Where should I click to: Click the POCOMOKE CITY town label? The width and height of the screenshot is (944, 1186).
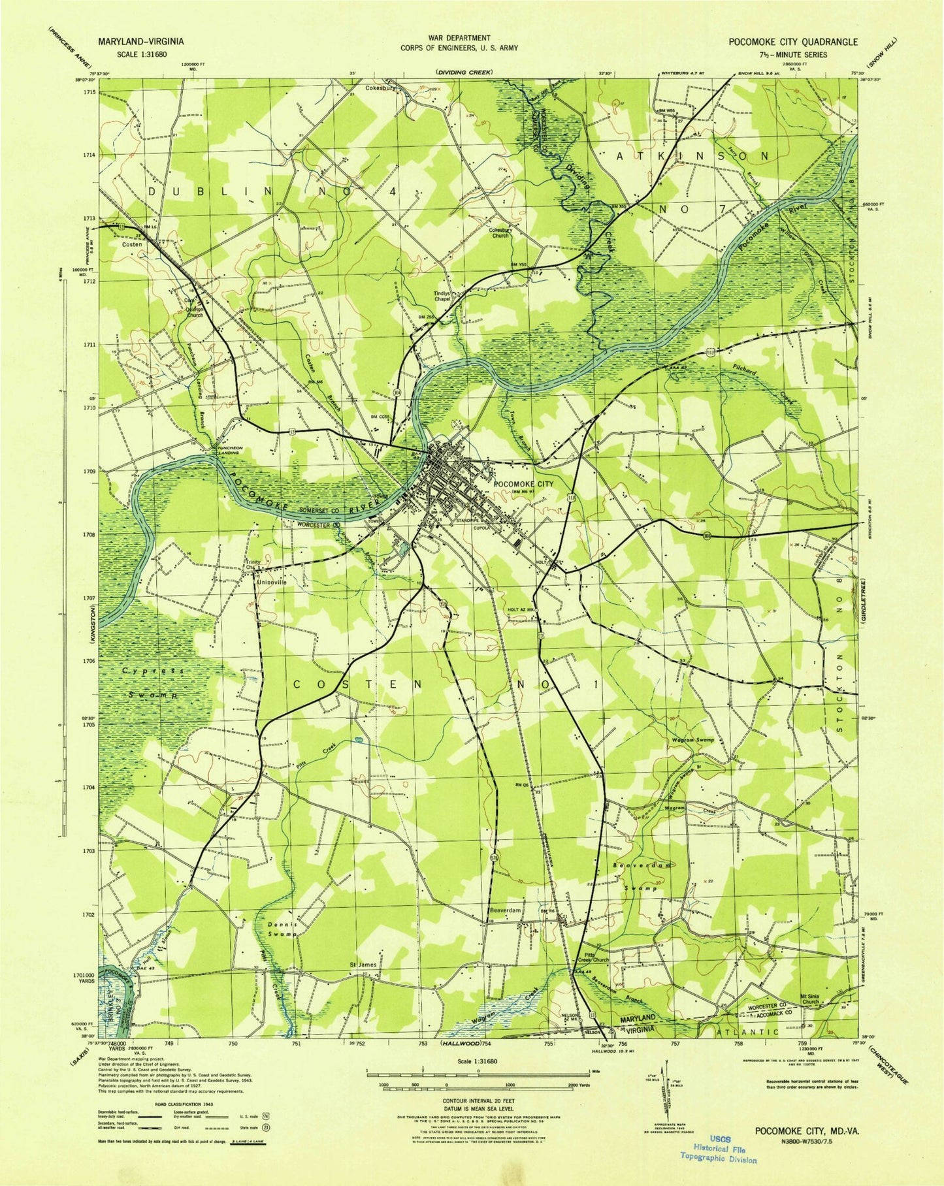pos(523,484)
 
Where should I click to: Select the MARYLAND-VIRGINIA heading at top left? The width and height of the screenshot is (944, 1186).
pos(140,41)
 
